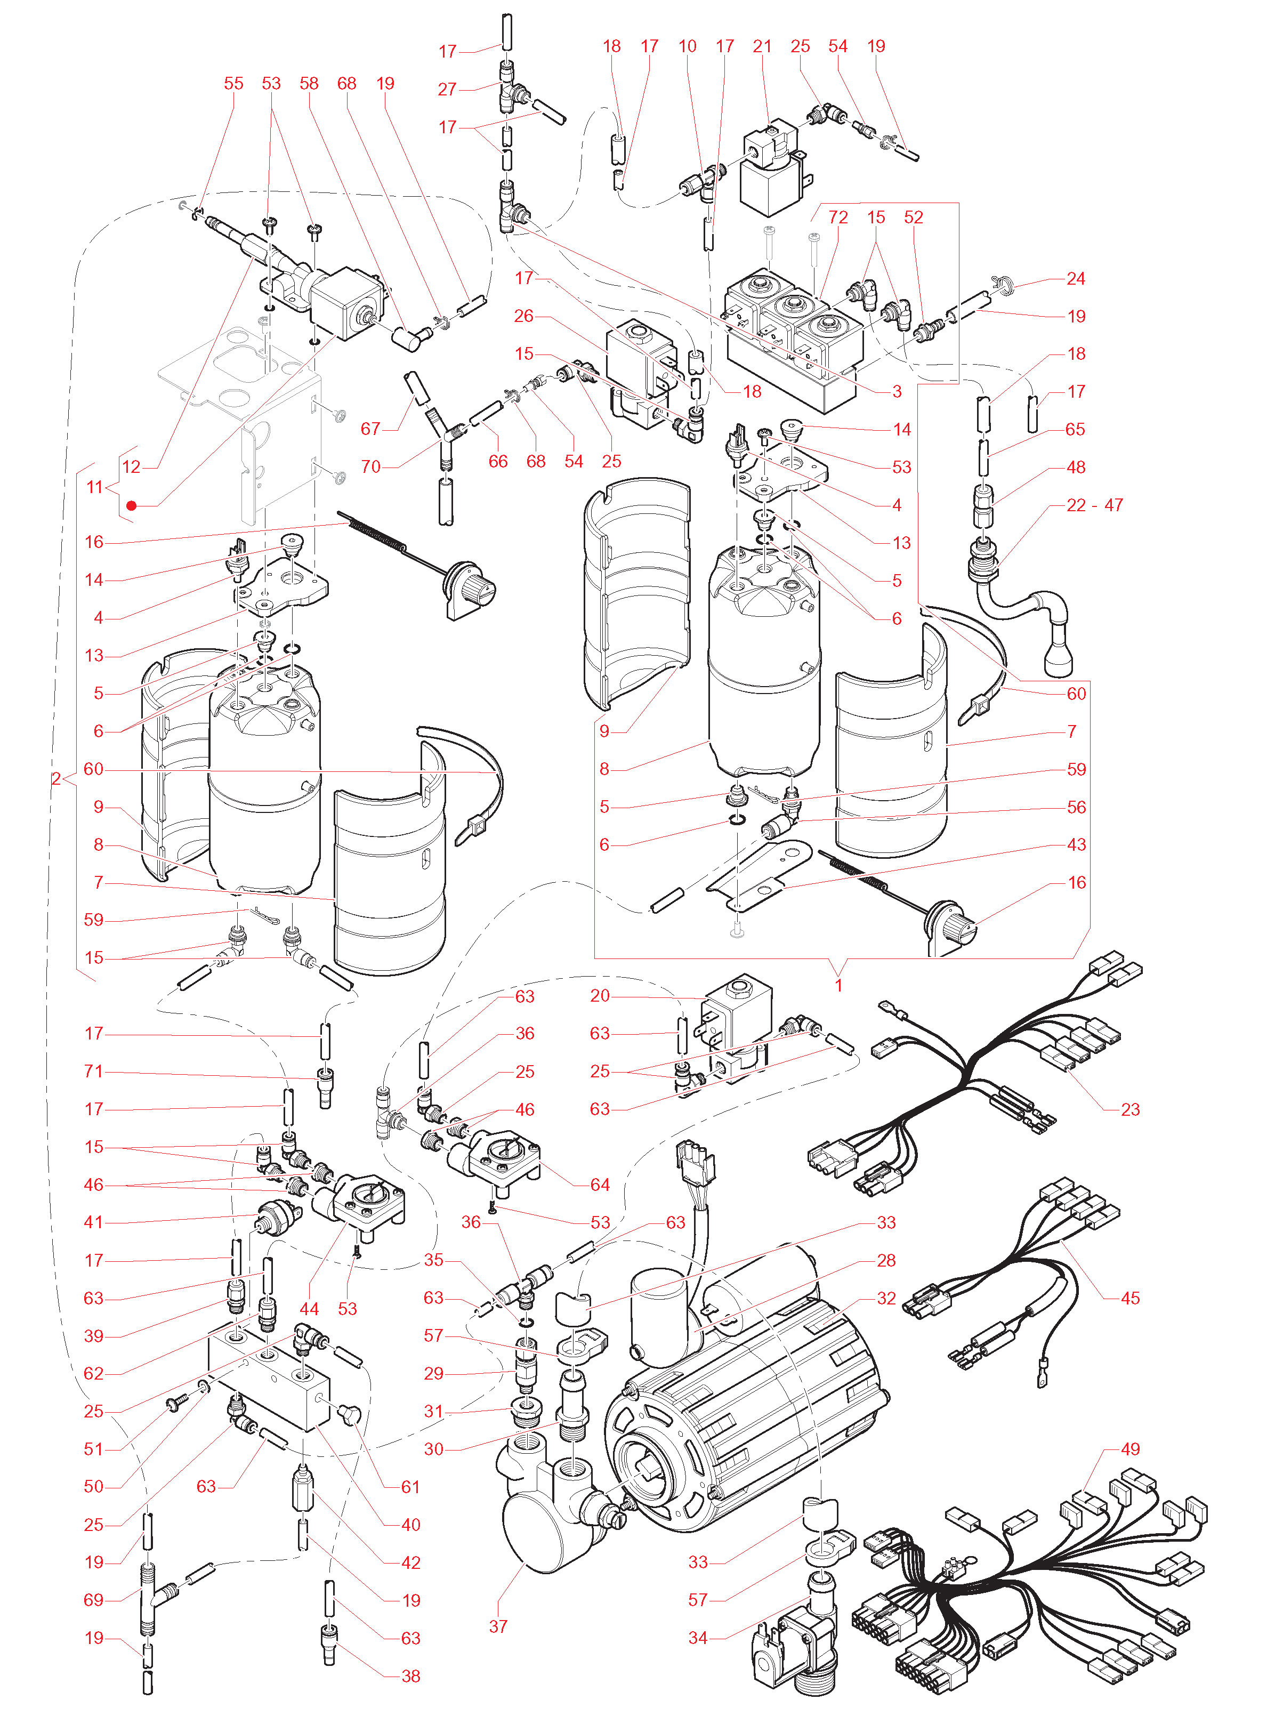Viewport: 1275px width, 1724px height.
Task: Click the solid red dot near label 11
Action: [x=131, y=506]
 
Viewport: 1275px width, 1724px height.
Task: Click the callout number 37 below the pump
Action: [x=498, y=1627]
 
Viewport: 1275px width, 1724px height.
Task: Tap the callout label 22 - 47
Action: [x=1094, y=505]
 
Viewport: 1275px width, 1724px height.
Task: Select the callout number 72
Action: [x=838, y=217]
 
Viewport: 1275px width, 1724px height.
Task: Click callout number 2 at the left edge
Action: [x=55, y=779]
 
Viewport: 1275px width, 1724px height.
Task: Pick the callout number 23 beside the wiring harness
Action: [x=1130, y=1110]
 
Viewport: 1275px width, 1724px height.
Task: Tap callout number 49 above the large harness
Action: [x=1130, y=1449]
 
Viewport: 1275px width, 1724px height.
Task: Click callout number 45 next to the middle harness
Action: [x=1130, y=1298]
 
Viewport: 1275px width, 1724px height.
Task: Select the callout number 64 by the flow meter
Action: [x=600, y=1185]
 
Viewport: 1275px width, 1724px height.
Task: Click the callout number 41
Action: [x=93, y=1222]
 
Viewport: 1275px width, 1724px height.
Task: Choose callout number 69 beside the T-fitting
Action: [x=93, y=1600]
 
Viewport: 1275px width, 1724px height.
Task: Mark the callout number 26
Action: [x=524, y=317]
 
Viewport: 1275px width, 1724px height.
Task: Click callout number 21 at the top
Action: [x=763, y=46]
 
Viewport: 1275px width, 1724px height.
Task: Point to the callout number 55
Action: [x=233, y=83]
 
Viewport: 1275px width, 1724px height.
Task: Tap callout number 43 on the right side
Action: [x=1077, y=845]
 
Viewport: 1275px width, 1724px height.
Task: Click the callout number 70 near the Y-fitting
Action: [x=371, y=467]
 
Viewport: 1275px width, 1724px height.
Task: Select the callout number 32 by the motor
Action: [x=886, y=1298]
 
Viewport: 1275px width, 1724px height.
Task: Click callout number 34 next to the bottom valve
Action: [x=698, y=1638]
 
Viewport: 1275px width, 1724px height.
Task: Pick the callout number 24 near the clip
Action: [x=1076, y=279]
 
